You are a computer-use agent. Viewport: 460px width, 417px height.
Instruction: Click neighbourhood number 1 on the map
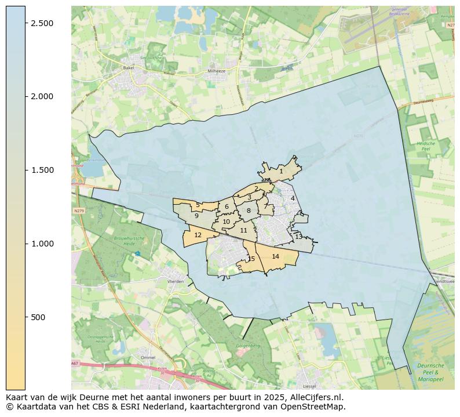click(281, 171)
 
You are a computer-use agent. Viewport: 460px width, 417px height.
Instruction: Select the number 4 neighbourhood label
click(293, 198)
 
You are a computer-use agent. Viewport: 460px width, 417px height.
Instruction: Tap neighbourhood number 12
click(198, 235)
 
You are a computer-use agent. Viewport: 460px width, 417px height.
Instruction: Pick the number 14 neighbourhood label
click(275, 256)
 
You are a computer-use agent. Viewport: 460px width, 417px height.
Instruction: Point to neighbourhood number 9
click(196, 216)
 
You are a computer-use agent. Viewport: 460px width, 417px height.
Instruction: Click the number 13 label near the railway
click(298, 237)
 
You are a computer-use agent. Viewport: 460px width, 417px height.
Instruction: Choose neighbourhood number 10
click(226, 222)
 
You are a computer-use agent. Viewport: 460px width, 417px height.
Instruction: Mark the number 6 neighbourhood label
click(227, 206)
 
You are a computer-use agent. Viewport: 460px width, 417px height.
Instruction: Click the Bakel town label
click(129, 68)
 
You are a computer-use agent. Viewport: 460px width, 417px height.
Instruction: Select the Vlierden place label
click(175, 281)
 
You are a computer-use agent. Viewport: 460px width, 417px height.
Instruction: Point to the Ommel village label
click(148, 358)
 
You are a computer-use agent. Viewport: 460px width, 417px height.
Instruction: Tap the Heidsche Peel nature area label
click(425, 146)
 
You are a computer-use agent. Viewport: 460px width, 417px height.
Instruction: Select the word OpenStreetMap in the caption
click(316, 407)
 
